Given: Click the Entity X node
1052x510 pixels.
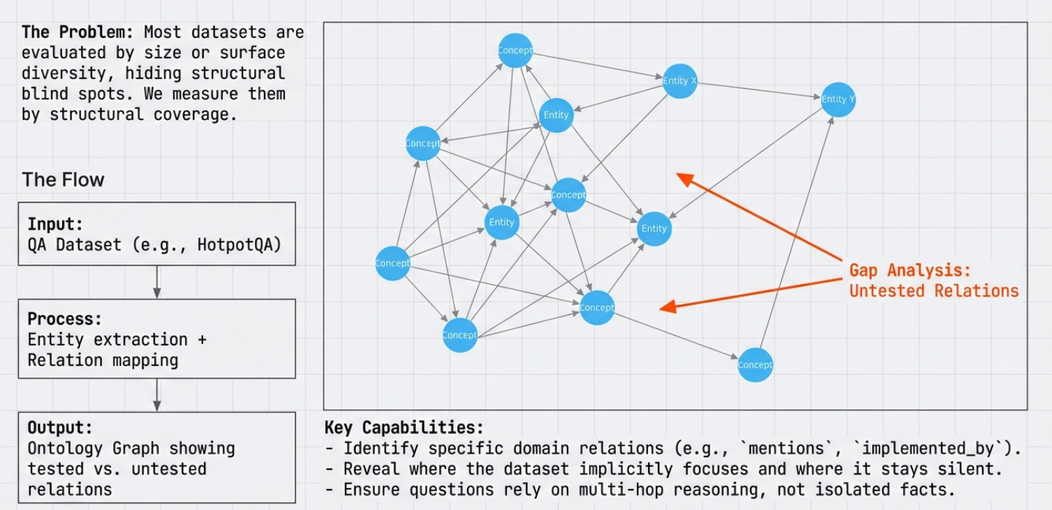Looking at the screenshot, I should coord(679,81).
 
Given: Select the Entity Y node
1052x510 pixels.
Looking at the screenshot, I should coord(838,99).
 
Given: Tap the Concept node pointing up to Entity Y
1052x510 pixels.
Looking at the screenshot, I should coord(755,365).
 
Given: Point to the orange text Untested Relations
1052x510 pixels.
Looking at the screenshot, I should coord(934,291).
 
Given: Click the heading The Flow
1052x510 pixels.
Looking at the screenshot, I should coord(63,180).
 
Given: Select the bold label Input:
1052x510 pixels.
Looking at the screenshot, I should coord(56,224).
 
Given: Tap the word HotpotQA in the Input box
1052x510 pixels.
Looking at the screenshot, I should coord(239,245).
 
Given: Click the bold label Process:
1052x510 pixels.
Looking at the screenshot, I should coord(64,319).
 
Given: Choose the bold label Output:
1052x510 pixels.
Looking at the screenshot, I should coord(59,427).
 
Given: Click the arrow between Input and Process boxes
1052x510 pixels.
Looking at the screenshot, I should coord(157,281).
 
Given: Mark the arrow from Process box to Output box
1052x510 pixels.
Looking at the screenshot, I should coord(157,395).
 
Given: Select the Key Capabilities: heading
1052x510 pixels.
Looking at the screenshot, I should coord(404,427).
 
